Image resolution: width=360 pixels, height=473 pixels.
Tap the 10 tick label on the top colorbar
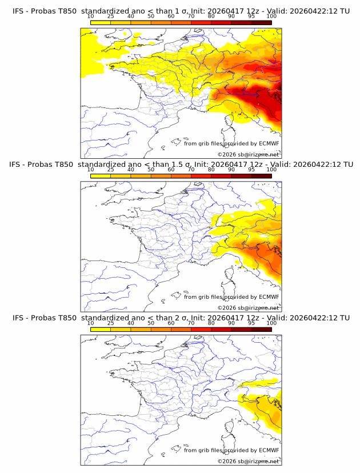pos(90,17)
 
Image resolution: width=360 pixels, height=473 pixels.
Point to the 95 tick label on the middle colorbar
pos(251,170)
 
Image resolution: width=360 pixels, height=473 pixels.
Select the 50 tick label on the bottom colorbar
pos(150,323)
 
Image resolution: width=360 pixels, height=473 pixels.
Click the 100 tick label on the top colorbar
pos(272,17)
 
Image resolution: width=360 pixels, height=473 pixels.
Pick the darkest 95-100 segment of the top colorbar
pos(262,22)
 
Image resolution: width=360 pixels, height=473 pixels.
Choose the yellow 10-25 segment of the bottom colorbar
pos(101,328)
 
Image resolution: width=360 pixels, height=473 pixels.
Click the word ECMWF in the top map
pos(269,143)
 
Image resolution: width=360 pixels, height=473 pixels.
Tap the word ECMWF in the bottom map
pos(269,450)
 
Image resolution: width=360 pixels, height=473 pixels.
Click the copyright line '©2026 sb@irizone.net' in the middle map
pos(248,307)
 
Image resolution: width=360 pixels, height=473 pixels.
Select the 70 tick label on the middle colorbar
pos(191,170)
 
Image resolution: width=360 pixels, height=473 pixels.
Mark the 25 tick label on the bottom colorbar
pos(110,323)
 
